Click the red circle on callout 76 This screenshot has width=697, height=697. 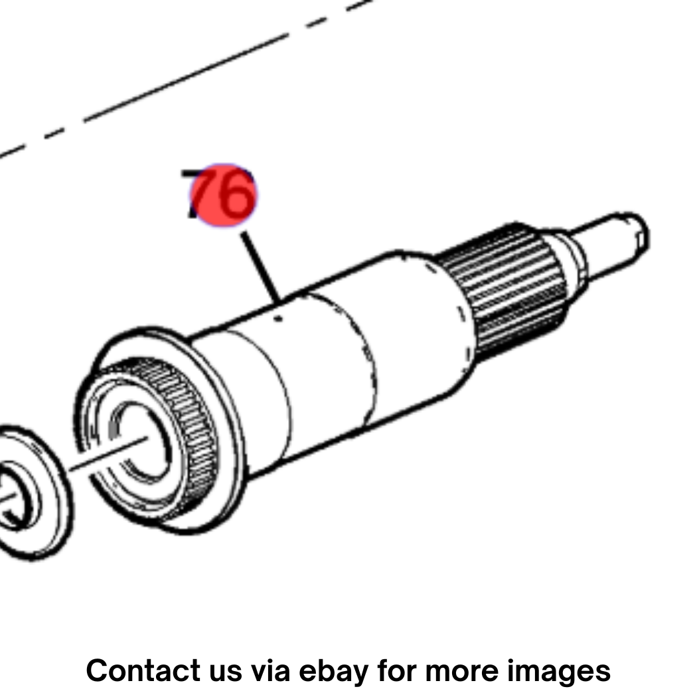click(x=224, y=194)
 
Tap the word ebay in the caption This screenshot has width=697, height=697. click(x=333, y=671)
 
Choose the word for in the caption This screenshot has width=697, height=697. click(x=396, y=670)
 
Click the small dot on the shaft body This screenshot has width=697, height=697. click(x=279, y=318)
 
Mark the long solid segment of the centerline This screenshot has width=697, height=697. click(x=186, y=78)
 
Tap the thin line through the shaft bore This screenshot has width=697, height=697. click(x=110, y=453)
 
